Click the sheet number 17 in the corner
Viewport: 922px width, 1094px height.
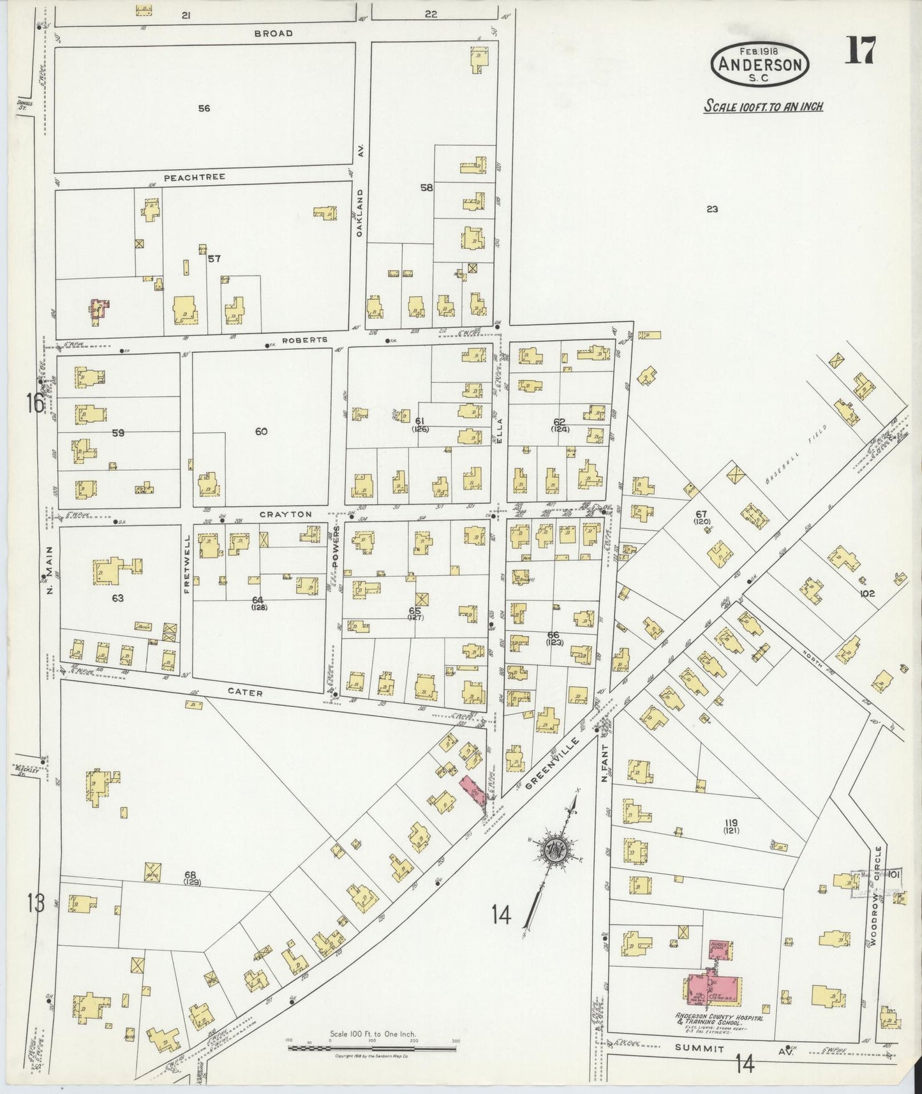coord(860,50)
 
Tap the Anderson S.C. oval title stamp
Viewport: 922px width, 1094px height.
coord(760,64)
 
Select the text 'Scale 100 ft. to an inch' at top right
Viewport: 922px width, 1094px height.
coord(763,106)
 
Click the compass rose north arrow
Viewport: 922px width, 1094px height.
coord(552,849)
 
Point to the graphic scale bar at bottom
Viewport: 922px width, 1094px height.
coord(372,1047)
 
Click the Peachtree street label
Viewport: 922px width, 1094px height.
coord(195,177)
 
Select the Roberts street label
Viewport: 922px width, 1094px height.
coord(308,340)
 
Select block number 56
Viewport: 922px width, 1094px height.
coord(204,109)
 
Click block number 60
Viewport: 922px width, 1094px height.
coord(261,431)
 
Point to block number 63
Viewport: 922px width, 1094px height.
coord(117,598)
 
